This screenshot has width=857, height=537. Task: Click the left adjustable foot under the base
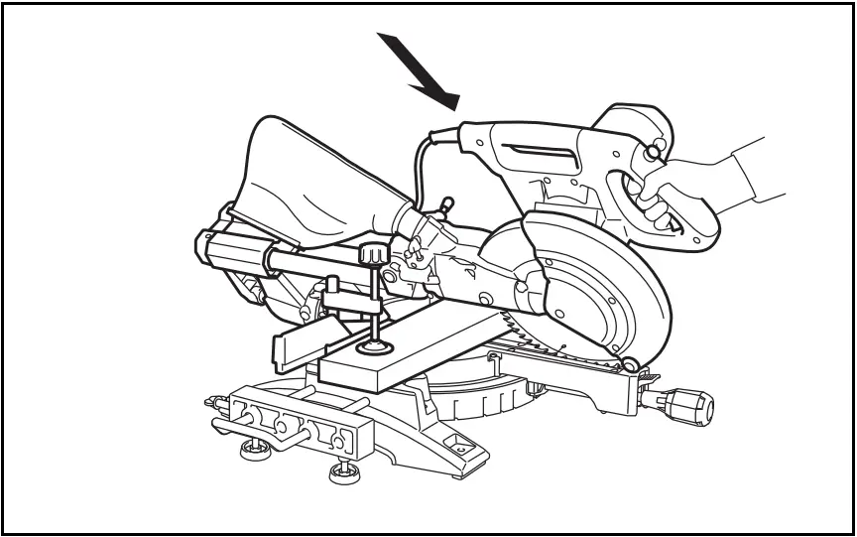click(x=254, y=451)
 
